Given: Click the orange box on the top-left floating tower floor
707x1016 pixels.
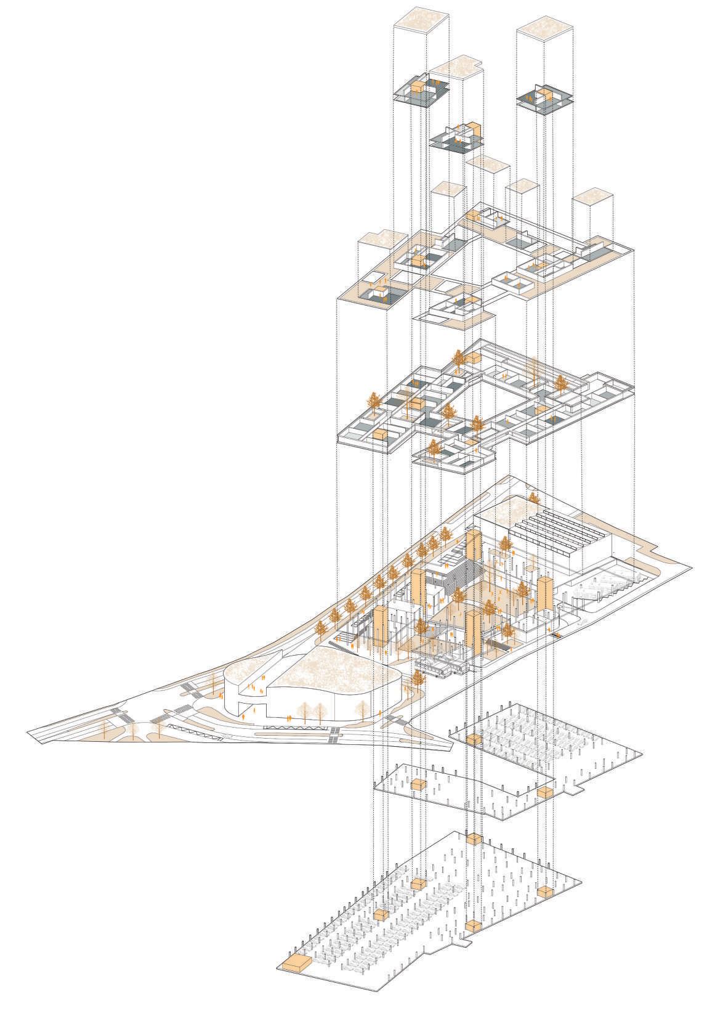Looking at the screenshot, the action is tap(418, 87).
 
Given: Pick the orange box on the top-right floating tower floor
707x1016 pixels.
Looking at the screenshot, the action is tap(543, 96).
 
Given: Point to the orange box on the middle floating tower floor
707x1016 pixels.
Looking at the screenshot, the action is tap(472, 129).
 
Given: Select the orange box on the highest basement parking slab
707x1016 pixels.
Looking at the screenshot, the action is tap(474, 739).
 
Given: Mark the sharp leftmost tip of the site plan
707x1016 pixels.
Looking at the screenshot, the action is tap(29, 732).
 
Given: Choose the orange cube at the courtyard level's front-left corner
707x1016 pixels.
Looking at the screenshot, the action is tap(381, 434).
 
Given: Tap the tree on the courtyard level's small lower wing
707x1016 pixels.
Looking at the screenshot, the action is tap(434, 449).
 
